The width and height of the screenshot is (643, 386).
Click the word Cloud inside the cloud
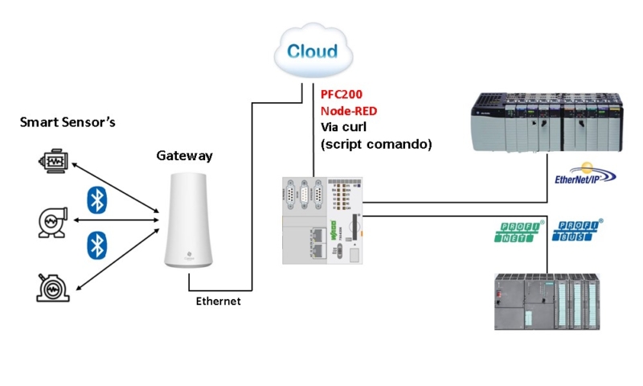coord(313,52)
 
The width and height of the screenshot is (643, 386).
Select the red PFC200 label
coord(342,94)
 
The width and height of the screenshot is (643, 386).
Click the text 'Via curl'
coord(344,128)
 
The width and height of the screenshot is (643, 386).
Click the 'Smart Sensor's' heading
coord(68,123)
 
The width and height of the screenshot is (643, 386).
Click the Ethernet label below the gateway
coord(219,301)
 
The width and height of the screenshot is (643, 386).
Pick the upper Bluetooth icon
coord(97,199)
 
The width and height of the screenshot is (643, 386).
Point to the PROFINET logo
coord(518,231)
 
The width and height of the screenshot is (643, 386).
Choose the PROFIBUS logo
coord(577,231)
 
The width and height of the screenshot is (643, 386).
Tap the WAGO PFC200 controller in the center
coord(322,220)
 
